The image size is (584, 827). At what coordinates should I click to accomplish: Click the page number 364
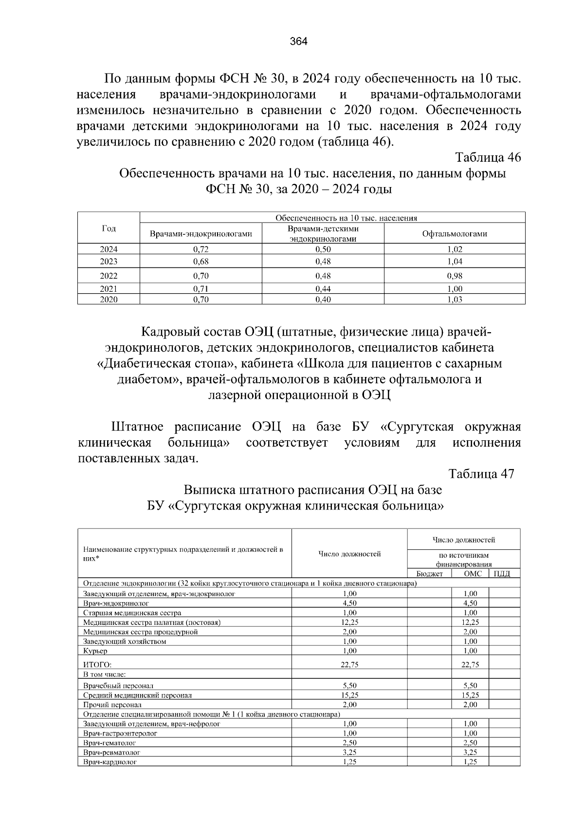pyautogui.click(x=298, y=41)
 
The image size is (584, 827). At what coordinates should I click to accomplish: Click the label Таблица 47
pyautogui.click(x=481, y=474)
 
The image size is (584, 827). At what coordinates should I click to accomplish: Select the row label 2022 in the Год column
pyautogui.click(x=109, y=276)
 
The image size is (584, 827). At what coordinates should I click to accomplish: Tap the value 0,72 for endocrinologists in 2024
pyautogui.click(x=201, y=249)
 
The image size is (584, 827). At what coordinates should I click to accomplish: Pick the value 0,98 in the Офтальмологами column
pyautogui.click(x=455, y=276)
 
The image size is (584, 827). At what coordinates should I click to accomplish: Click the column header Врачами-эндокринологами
pyautogui.click(x=201, y=234)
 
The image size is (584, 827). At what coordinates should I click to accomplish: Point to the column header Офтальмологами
pyautogui.click(x=455, y=234)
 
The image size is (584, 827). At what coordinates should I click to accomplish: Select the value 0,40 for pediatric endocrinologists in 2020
pyautogui.click(x=323, y=300)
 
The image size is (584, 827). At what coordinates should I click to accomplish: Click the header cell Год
pyautogui.click(x=109, y=228)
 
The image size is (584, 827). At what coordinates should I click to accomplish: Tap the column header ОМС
pyautogui.click(x=473, y=574)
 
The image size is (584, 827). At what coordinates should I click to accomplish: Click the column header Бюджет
pyautogui.click(x=429, y=574)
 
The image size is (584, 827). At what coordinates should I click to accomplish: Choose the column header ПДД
pyautogui.click(x=501, y=574)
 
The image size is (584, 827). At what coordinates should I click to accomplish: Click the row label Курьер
pyautogui.click(x=95, y=651)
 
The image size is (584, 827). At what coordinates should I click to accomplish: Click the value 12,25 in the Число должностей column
pyautogui.click(x=349, y=622)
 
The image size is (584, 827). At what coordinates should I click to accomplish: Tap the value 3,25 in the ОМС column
pyautogui.click(x=470, y=752)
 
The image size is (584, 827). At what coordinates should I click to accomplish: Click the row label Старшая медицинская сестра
pyautogui.click(x=132, y=613)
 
